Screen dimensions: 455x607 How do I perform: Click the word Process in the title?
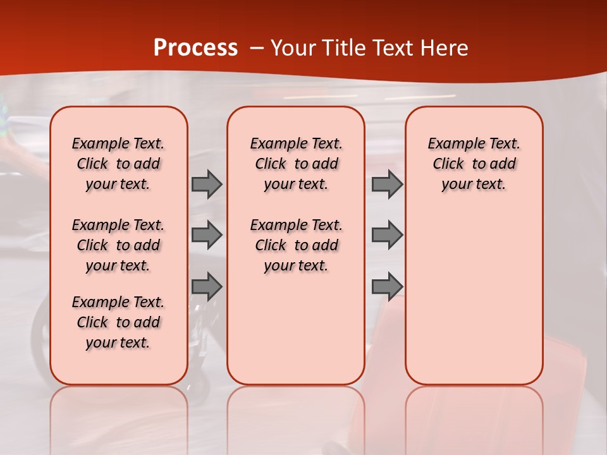tap(195, 47)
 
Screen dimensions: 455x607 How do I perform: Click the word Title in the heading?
tap(341, 48)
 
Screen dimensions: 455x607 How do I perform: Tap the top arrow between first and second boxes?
tap(207, 185)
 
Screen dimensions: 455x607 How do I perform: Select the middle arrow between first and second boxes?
tap(207, 235)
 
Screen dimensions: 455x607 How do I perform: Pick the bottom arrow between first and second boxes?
tap(207, 287)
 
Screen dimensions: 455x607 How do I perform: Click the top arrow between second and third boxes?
tap(387, 185)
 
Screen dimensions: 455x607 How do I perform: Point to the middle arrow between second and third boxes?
tap(387, 235)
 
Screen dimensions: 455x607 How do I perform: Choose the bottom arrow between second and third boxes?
tap(387, 287)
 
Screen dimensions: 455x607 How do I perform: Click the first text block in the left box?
tap(118, 164)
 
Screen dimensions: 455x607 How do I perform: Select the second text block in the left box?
tap(118, 245)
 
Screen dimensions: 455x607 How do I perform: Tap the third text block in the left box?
tap(118, 322)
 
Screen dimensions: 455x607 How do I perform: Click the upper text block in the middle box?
tap(296, 164)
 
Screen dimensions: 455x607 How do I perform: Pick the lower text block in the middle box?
tap(296, 245)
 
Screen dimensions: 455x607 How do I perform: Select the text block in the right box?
tap(474, 164)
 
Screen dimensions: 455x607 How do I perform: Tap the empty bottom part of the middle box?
tap(296, 335)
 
